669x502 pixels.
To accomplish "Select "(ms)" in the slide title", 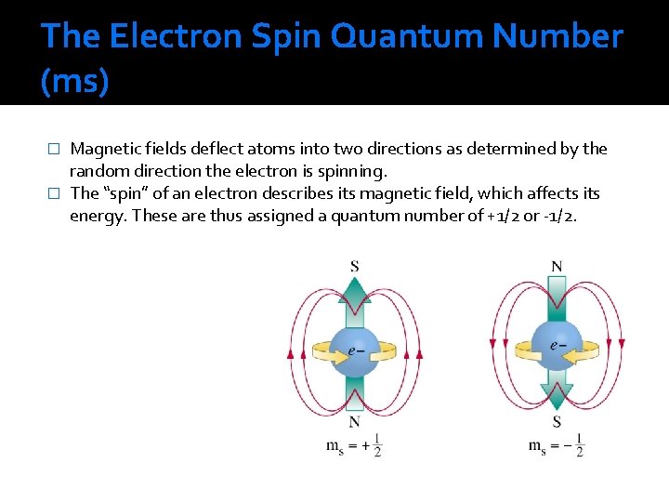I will [x=74, y=82].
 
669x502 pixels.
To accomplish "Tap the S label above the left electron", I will [x=354, y=267].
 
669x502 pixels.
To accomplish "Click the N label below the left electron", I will [x=354, y=421].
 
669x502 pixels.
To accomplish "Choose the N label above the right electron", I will [x=557, y=267].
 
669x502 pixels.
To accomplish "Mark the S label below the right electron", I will [x=557, y=421].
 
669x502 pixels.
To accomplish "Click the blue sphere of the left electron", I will [x=354, y=351].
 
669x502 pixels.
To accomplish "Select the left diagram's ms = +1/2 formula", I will [x=354, y=445].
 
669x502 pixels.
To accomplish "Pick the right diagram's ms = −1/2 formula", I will [x=557, y=445].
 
